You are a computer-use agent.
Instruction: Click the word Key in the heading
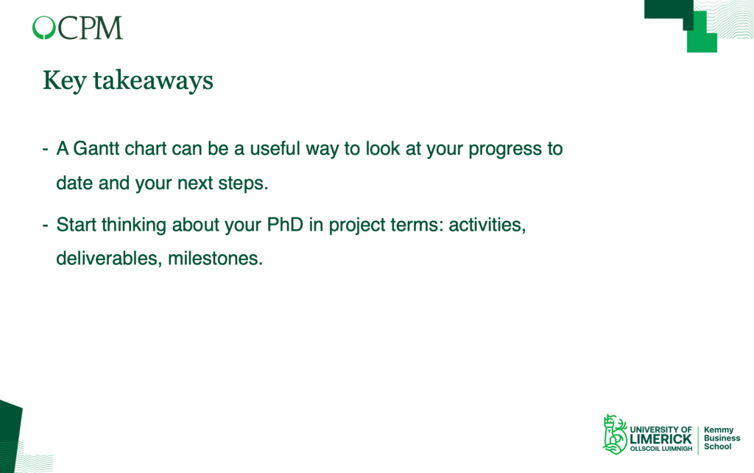(x=65, y=81)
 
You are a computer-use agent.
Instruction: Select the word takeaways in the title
(x=153, y=81)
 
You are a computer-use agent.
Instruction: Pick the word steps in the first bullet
(x=243, y=183)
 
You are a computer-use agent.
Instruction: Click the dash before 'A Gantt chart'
(x=45, y=149)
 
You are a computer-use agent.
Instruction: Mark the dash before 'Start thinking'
(x=45, y=225)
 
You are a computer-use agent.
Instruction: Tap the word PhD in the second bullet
(x=285, y=225)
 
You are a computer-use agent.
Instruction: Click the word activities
(x=487, y=225)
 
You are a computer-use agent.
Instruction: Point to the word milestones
(x=215, y=259)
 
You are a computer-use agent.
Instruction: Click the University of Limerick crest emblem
(x=615, y=435)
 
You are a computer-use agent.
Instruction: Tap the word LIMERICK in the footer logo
(x=660, y=439)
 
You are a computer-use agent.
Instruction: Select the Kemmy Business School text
(x=722, y=438)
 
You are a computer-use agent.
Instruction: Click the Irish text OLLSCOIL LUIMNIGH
(x=661, y=449)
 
